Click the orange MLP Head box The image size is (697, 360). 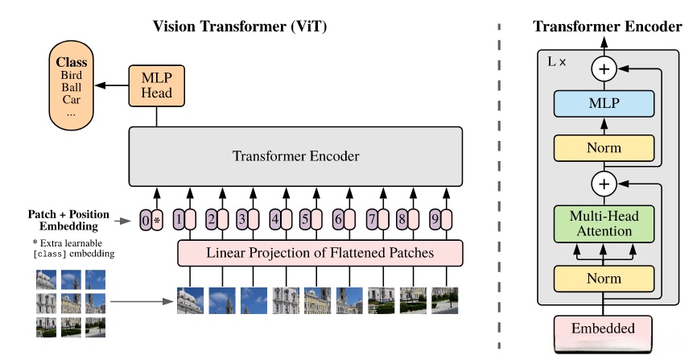[x=156, y=86]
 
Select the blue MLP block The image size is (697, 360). [x=604, y=104]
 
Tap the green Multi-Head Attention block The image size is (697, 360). [x=604, y=224]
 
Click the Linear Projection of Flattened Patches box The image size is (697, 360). [x=320, y=253]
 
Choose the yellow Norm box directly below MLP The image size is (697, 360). [x=604, y=148]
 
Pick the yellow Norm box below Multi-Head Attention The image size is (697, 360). [x=604, y=279]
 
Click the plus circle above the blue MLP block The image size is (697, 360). [x=604, y=69]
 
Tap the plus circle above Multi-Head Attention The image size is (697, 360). [x=604, y=184]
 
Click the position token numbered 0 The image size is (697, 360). [x=146, y=221]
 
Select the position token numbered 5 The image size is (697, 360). [x=305, y=219]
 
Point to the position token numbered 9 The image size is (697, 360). [x=435, y=219]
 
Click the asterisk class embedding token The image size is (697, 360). [x=157, y=221]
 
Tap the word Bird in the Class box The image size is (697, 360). [x=71, y=75]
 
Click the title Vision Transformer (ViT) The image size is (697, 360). [x=240, y=27]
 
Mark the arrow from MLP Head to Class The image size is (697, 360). [x=112, y=85]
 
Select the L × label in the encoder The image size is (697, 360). [x=556, y=62]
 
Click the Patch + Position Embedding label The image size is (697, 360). [x=68, y=221]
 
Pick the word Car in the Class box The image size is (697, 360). [x=71, y=100]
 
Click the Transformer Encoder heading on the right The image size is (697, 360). [x=607, y=27]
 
